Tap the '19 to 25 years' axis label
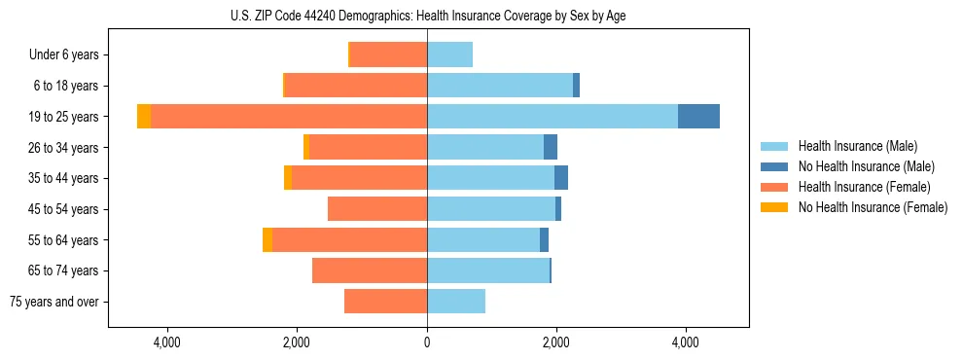[x=64, y=117]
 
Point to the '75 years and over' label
[x=54, y=302]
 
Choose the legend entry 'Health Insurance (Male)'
[x=857, y=146]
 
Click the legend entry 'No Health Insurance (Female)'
[x=873, y=207]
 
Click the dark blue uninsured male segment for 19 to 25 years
[x=698, y=117]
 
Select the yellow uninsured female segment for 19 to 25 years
[x=144, y=117]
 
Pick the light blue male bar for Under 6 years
[x=449, y=54]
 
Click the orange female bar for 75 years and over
[x=385, y=302]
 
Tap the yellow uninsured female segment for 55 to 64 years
[x=267, y=240]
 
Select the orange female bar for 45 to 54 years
[x=377, y=209]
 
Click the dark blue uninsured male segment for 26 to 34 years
[x=551, y=147]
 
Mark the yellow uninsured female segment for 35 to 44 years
[x=288, y=178]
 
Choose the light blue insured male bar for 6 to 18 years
[x=499, y=86]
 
